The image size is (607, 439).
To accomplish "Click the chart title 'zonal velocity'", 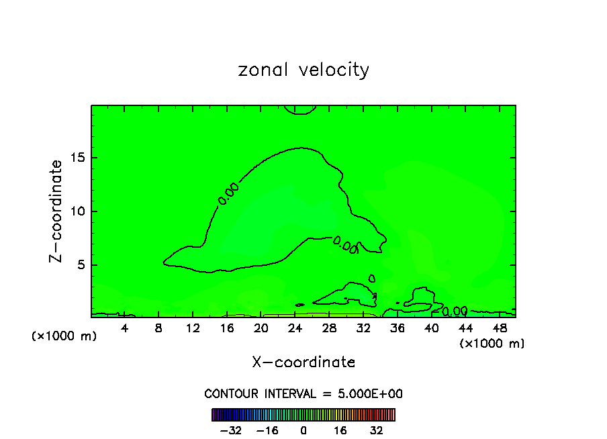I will (303, 70).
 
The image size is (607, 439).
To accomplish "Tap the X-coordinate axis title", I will (303, 362).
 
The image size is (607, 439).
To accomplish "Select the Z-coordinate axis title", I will (56, 211).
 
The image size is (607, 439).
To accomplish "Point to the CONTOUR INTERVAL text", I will (303, 393).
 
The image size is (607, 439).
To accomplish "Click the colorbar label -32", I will (230, 430).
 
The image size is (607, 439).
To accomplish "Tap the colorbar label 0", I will (303, 430).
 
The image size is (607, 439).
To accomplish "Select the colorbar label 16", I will (340, 430).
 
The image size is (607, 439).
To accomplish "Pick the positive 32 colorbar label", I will (377, 430).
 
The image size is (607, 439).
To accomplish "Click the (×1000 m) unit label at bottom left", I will (64, 336).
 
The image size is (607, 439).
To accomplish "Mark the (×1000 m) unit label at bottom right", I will (492, 343).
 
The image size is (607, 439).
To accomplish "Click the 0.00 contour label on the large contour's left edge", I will (228, 193).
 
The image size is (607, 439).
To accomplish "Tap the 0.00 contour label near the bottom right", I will (455, 311).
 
